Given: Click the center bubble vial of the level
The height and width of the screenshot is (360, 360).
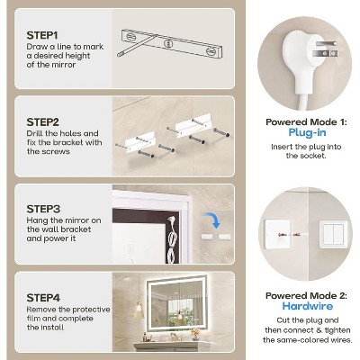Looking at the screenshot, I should pyautogui.click(x=168, y=41).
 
